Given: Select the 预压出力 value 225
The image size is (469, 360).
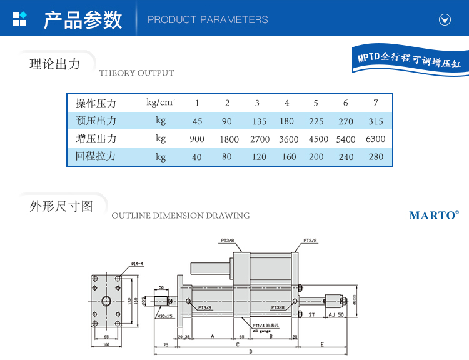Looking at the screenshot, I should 316,122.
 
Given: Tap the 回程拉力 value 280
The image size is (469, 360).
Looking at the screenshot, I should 376,157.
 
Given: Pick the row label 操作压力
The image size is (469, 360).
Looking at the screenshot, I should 96,103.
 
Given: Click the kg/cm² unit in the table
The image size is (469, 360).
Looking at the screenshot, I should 161,102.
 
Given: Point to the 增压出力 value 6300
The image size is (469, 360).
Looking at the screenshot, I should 376,139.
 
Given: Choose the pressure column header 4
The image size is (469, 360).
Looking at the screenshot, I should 287,103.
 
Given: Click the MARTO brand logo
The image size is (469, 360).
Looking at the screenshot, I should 434,216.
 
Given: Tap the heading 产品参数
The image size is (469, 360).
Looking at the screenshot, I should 83,19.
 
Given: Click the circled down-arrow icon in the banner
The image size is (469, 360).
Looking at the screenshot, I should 445,20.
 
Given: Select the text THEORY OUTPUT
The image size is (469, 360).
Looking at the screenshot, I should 136,73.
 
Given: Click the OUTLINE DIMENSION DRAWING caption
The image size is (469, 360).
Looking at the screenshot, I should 180,216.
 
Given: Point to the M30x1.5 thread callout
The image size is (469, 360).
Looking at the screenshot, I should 164,317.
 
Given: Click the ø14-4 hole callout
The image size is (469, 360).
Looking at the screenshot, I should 138,264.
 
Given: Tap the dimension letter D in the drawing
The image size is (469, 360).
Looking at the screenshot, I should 250,352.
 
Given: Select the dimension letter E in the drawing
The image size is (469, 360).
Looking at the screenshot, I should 321,344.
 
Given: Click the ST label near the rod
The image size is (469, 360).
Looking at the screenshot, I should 311,315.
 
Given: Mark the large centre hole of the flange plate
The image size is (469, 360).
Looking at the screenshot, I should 106,302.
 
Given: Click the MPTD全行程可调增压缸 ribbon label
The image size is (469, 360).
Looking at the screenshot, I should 409,59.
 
